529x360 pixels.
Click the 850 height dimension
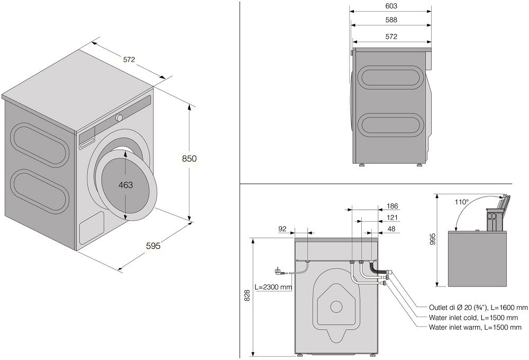coord(189,158)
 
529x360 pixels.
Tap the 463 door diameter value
coord(125,185)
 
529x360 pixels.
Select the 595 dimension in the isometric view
coord(152,246)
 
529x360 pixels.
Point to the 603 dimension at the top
coord(391,6)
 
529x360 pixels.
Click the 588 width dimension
coord(391,20)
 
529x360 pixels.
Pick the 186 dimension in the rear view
coord(392,206)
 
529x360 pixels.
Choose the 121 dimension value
coord(392,218)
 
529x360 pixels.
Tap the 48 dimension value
coord(392,229)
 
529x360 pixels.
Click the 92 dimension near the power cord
coord(282,229)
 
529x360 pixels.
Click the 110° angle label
coord(461,202)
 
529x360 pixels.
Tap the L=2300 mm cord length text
coord(273,287)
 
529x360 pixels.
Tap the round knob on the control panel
coord(120,117)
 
